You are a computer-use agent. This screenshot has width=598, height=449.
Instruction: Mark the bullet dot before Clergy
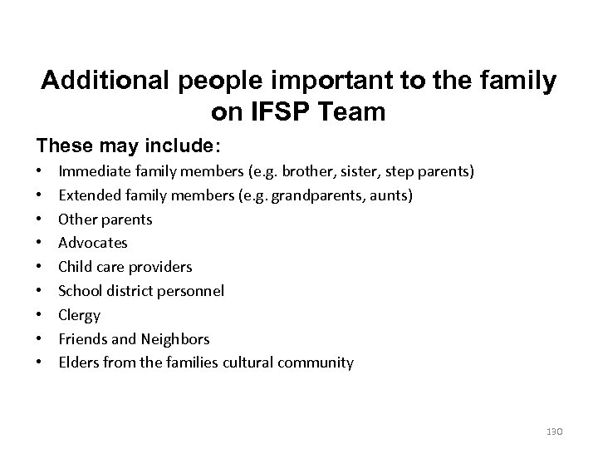[40, 315]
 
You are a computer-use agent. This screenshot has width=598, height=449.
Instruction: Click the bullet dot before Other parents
[40, 220]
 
